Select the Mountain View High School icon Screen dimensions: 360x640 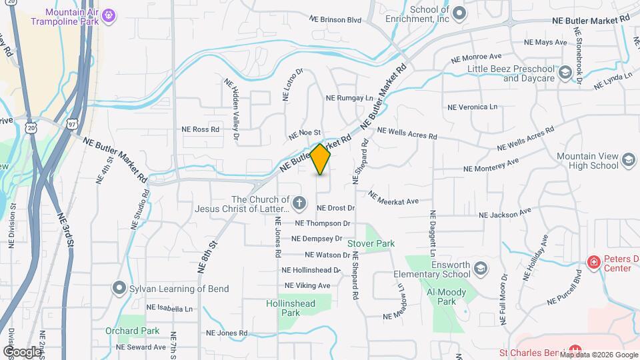pyautogui.click(x=628, y=160)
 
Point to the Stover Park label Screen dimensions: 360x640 pyautogui.click(x=371, y=244)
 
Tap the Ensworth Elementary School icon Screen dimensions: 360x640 pyautogui.click(x=481, y=269)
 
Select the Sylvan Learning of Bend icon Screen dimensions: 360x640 pyautogui.click(x=119, y=288)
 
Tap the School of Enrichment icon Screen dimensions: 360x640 pyautogui.click(x=459, y=13)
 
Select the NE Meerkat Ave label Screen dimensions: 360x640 pyautogui.click(x=393, y=198)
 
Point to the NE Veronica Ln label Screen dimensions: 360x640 pyautogui.click(x=473, y=107)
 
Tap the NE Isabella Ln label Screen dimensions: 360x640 pyautogui.click(x=169, y=308)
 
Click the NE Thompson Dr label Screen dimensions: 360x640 pyautogui.click(x=323, y=223)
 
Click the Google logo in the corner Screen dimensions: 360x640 pyautogui.click(x=22, y=351)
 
